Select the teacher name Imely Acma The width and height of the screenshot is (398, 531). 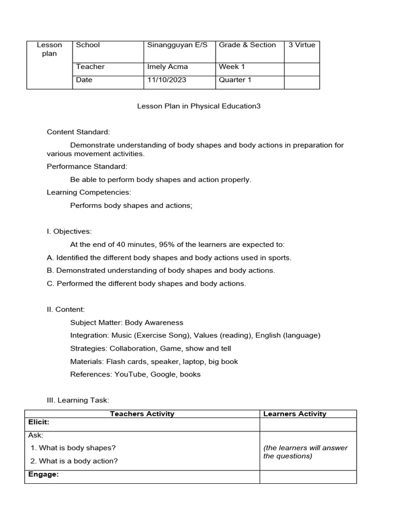pos(167,66)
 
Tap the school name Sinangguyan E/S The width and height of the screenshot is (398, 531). pos(177,45)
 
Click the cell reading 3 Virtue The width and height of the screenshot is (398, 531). pos(302,45)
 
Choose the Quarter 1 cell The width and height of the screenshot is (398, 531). pos(234,80)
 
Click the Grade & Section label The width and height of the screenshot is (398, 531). pos(247,45)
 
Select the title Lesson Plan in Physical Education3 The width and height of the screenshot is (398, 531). pos(198,106)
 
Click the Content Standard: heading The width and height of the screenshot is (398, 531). pos(78,132)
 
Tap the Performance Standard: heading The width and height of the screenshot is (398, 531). pos(87,166)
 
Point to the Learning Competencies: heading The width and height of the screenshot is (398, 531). pos(89,192)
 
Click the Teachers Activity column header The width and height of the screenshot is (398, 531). pos(142,414)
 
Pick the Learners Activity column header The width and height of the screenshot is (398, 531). pos(295,414)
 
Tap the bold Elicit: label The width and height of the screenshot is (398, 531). pos(39,422)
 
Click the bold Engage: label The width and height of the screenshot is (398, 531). pos(44,474)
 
